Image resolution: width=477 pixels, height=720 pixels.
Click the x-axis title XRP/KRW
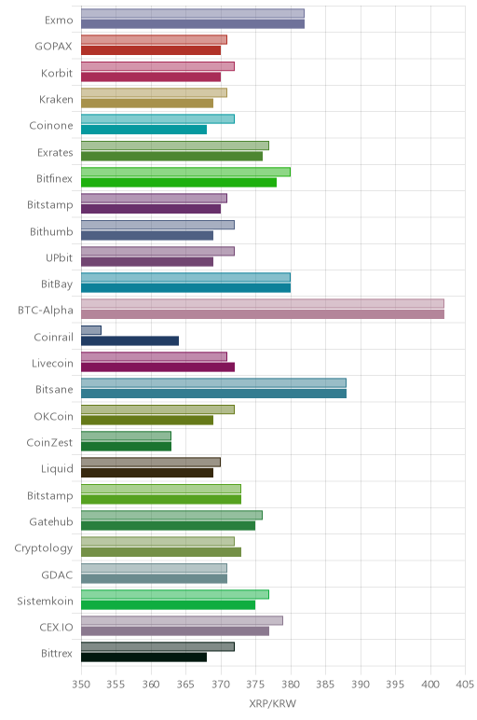pyautogui.click(x=272, y=703)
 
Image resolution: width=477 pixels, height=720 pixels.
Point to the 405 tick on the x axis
pyautogui.click(x=465, y=685)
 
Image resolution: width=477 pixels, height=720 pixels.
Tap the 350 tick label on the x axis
pyautogui.click(x=81, y=685)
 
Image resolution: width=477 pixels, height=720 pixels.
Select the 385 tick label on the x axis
pyautogui.click(x=325, y=685)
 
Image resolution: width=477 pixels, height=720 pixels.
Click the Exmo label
pyautogui.click(x=59, y=21)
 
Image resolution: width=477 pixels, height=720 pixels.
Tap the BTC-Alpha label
pyautogui.click(x=46, y=311)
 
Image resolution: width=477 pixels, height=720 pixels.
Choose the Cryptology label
pyautogui.click(x=44, y=548)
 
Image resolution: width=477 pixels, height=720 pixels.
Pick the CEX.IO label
pyautogui.click(x=57, y=628)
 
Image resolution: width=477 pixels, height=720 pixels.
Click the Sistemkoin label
pyautogui.click(x=45, y=601)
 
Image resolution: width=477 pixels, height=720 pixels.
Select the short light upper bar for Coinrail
pyautogui.click(x=91, y=330)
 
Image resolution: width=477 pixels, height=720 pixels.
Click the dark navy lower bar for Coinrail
pyautogui.click(x=129, y=340)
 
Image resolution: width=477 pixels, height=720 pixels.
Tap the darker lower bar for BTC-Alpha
pyautogui.click(x=263, y=314)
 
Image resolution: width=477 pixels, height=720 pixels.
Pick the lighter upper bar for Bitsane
pyautogui.click(x=213, y=383)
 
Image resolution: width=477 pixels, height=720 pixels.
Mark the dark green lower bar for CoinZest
pyautogui.click(x=126, y=447)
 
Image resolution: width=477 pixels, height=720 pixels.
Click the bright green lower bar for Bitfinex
pyautogui.click(x=179, y=182)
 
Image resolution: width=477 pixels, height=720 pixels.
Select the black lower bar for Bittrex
pyautogui.click(x=144, y=658)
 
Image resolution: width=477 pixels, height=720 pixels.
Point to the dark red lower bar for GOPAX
pyautogui.click(x=151, y=50)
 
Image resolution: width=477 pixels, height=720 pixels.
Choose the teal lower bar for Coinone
pyautogui.click(x=144, y=130)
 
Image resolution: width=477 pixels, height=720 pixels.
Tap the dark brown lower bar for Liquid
pyautogui.click(x=147, y=473)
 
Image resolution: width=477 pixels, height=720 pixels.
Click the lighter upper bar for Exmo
pyautogui.click(x=193, y=13)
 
